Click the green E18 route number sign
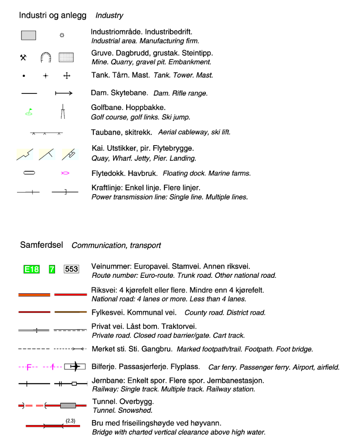click(x=32, y=269)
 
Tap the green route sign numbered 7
click(x=52, y=269)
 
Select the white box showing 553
click(x=71, y=269)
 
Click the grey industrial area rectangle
click(x=28, y=36)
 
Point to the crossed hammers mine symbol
click(x=23, y=57)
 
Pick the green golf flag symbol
click(x=29, y=112)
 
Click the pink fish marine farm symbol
click(x=65, y=173)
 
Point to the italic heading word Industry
click(x=109, y=16)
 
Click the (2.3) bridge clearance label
click(x=70, y=421)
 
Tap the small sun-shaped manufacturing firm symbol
click(x=62, y=36)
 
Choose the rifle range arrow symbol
click(x=63, y=93)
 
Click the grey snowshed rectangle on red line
click(x=68, y=405)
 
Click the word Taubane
click(x=105, y=132)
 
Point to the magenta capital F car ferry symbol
click(x=29, y=367)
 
